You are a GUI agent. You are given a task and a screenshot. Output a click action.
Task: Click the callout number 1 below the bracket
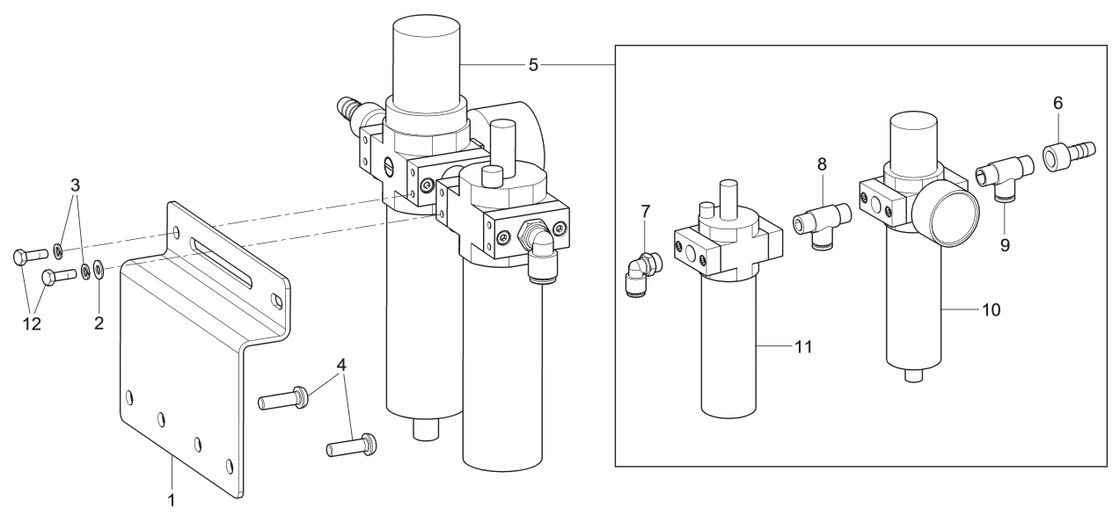(x=172, y=501)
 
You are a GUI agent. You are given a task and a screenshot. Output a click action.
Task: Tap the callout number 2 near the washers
(x=99, y=323)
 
